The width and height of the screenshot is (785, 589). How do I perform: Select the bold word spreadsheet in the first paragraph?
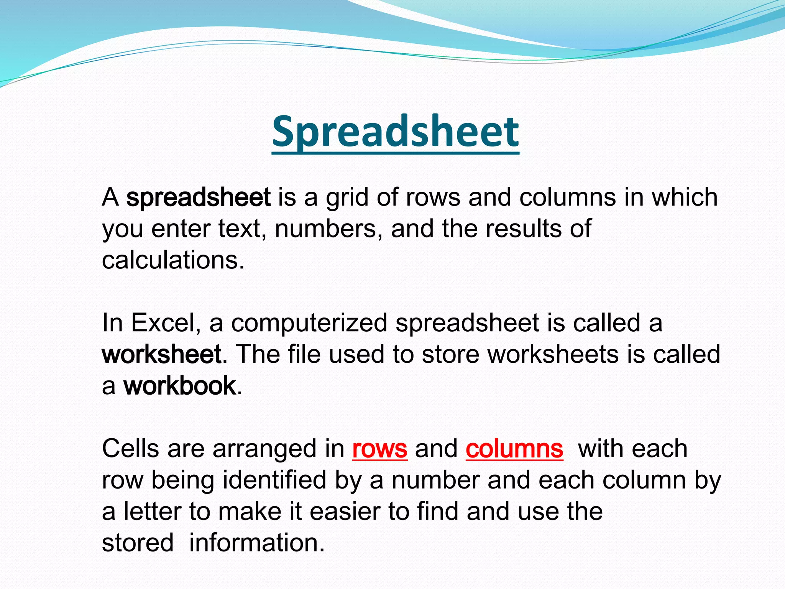point(198,197)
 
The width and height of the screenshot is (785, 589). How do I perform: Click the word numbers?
point(326,229)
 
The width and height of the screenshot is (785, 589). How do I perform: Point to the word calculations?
point(172,260)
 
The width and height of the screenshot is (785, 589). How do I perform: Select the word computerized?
point(309,323)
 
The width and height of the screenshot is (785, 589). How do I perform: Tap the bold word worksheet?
point(162,354)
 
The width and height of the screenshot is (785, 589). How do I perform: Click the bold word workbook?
point(179,386)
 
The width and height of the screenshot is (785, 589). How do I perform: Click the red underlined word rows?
point(379,449)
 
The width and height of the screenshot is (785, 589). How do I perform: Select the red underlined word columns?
point(514,449)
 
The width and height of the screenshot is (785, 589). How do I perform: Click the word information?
point(256,543)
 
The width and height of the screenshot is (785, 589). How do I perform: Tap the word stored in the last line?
point(138,543)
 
